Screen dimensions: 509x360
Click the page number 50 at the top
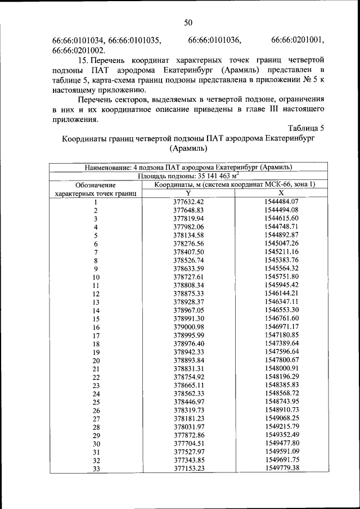coord(188,22)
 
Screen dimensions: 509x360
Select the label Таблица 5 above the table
coord(305,128)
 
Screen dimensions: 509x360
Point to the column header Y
coord(188,192)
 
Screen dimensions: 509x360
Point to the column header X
coord(281,192)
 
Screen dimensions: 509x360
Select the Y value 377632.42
coord(188,201)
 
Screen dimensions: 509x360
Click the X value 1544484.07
coord(281,201)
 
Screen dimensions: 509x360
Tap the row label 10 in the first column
coord(96,277)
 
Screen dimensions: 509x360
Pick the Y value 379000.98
coord(188,327)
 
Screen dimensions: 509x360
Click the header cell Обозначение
coord(96,184)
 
